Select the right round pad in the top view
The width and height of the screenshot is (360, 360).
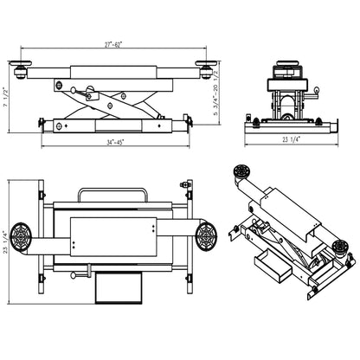[x=206, y=235]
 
